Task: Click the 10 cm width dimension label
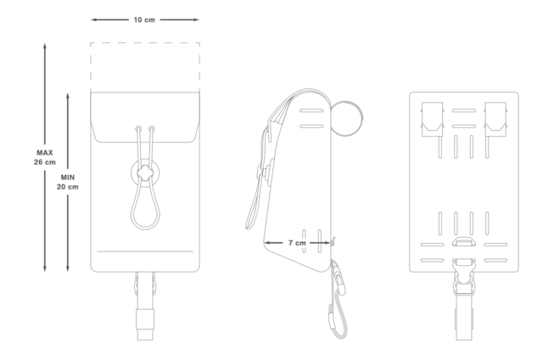(x=144, y=20)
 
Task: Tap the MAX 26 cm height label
(x=45, y=157)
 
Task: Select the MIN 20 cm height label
(x=68, y=182)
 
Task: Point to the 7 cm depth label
(x=297, y=243)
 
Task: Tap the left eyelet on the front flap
(x=138, y=129)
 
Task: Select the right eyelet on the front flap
(x=152, y=129)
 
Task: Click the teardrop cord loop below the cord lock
(x=132, y=211)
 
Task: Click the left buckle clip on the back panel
(x=432, y=119)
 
